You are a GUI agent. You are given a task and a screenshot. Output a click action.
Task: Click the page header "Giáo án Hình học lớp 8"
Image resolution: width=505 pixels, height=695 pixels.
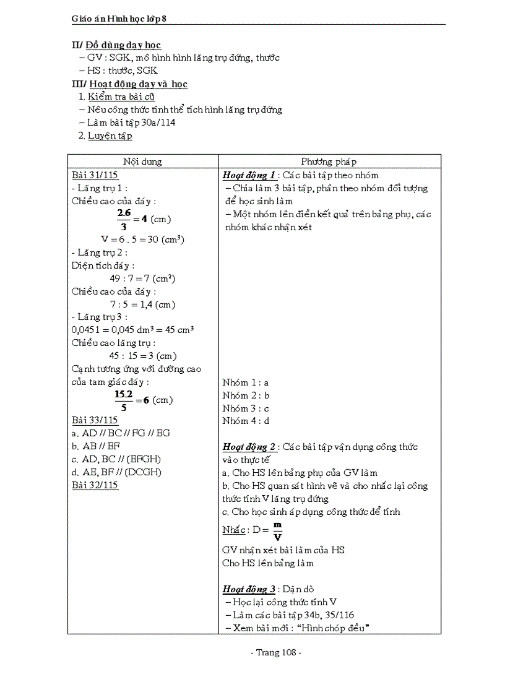pos(119,19)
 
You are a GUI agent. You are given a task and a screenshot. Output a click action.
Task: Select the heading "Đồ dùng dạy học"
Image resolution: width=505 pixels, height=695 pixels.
pos(123,45)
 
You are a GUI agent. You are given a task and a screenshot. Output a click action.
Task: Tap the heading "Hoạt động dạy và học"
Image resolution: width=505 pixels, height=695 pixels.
pos(138,84)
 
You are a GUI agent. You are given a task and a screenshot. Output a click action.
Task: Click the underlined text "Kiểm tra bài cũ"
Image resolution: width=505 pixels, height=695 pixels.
pos(121,97)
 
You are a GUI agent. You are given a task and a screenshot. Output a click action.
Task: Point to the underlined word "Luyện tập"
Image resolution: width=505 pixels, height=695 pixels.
pos(110,136)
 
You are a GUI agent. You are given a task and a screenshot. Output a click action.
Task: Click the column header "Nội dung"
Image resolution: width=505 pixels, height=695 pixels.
pos(142,162)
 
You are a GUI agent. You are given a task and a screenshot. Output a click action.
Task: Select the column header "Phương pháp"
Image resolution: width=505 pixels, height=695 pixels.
pos(329,162)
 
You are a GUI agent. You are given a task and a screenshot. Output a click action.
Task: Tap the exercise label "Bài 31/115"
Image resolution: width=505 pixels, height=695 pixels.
pos(95,175)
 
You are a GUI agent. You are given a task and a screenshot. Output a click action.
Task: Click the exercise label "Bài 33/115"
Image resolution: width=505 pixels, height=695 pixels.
pos(95,420)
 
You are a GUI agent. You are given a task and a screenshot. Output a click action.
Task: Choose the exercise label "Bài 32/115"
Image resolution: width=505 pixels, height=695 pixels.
pos(95,485)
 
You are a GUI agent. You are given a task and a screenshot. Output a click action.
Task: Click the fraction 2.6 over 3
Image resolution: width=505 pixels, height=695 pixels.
pos(124,219)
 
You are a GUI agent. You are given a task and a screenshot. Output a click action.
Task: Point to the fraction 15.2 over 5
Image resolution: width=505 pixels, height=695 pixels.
pos(124,400)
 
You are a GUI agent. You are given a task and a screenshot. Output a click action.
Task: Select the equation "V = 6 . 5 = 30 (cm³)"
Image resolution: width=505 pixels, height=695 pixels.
pos(142,240)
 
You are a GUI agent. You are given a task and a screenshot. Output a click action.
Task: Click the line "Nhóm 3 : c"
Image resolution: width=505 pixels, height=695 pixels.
pos(246,408)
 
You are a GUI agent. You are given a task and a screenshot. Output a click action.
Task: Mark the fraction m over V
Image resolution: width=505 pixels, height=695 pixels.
pos(278,531)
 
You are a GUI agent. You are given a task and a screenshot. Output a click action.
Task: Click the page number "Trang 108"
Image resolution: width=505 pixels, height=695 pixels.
pos(275,652)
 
